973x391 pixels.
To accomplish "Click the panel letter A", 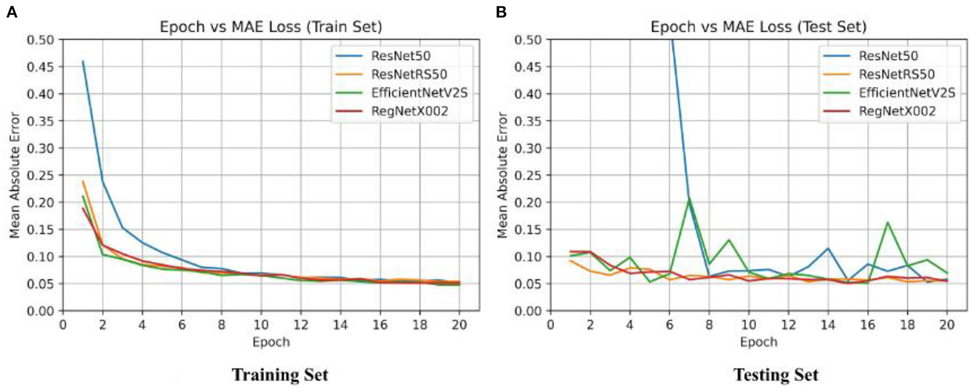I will click(12, 12).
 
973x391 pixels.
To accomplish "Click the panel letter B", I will click(501, 12).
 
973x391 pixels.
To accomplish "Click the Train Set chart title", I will click(271, 26).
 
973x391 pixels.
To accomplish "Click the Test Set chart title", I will click(758, 26).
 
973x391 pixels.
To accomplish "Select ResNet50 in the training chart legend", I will click(400, 56).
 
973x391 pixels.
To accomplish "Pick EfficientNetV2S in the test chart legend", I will click(907, 93).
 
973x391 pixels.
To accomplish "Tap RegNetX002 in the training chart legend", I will click(409, 111).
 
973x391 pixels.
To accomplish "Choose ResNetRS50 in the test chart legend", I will click(896, 74).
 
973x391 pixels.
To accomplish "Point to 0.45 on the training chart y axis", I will click(41, 67).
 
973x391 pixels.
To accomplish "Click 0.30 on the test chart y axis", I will click(528, 148).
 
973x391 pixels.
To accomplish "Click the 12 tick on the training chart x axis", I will click(300, 325).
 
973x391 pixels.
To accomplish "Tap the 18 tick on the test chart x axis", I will click(907, 325).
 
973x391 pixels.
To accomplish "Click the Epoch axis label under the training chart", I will click(271, 342).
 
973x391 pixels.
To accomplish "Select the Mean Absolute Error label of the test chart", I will click(502, 175).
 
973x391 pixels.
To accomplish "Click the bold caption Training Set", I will click(279, 375).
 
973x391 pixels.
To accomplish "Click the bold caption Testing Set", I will click(775, 375).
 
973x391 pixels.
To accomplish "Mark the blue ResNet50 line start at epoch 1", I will click(83, 62).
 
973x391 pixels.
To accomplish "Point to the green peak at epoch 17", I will click(887, 222).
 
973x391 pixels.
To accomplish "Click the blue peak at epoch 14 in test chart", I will click(828, 248).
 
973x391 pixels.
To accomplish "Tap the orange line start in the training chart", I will click(83, 181).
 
